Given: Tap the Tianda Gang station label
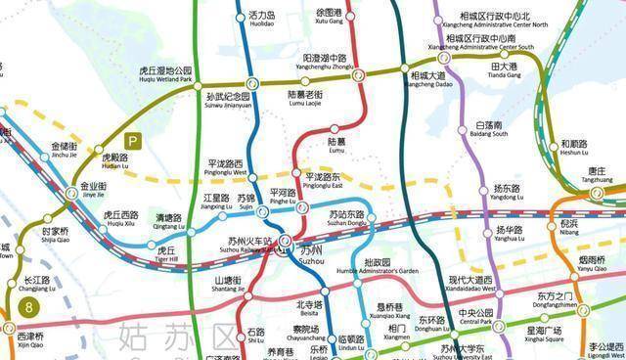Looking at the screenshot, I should (505, 70).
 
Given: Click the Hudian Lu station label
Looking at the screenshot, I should (115, 161).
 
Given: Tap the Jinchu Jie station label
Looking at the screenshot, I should (64, 151).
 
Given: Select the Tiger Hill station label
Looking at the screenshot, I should (166, 254).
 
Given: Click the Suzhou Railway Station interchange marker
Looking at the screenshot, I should (285, 240).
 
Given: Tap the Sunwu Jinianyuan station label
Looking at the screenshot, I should (228, 102).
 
